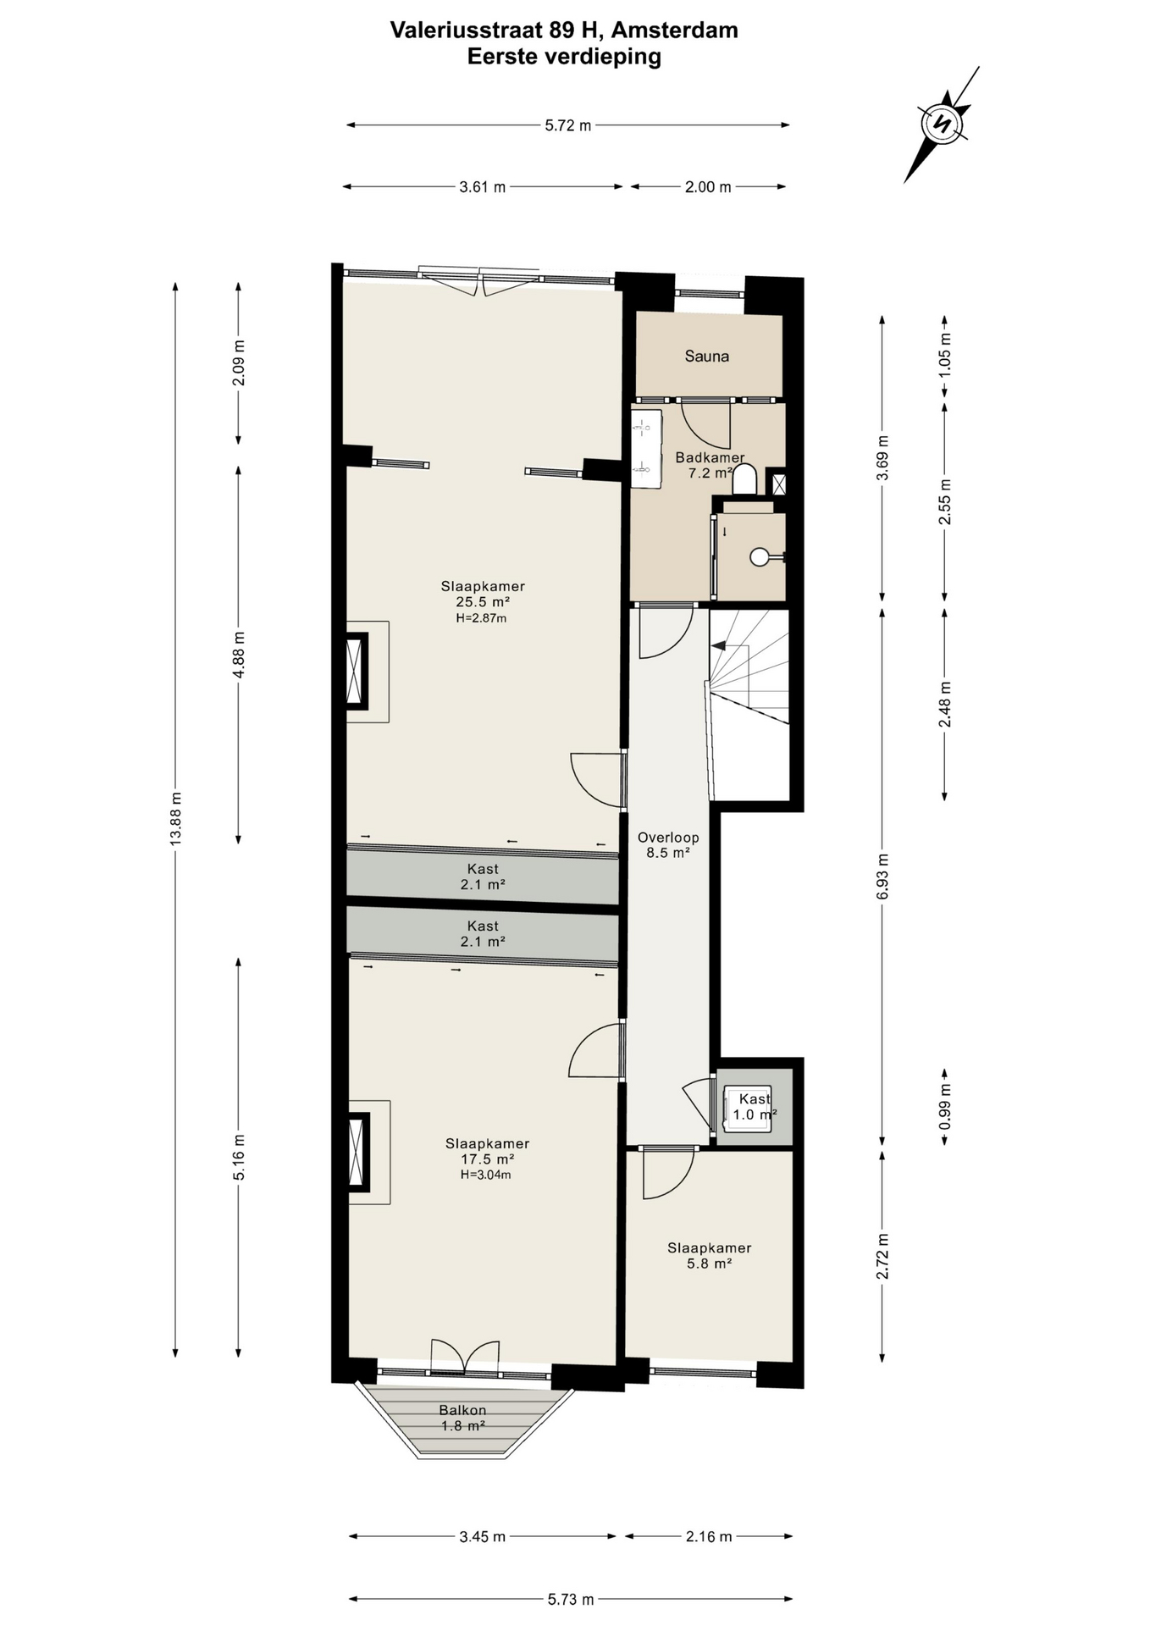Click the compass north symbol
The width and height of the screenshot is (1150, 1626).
pyautogui.click(x=941, y=124)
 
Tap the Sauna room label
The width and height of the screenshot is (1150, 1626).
pyautogui.click(x=707, y=357)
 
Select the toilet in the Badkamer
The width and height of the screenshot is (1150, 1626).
pyautogui.click(x=744, y=479)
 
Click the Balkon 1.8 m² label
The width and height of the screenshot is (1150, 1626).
pyautogui.click(x=462, y=1418)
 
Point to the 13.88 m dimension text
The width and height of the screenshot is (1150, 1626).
pyautogui.click(x=175, y=818)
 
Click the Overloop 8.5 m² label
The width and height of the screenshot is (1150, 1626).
pyautogui.click(x=668, y=845)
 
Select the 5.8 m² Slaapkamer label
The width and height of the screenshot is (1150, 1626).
pyautogui.click(x=710, y=1255)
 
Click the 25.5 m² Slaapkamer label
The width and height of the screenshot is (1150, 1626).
pyautogui.click(x=483, y=601)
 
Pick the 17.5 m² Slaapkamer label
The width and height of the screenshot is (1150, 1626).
pyautogui.click(x=487, y=1159)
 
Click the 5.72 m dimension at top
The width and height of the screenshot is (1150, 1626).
pyautogui.click(x=567, y=125)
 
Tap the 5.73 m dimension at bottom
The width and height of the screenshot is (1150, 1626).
pyautogui.click(x=570, y=1599)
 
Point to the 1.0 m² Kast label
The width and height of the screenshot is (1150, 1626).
pyautogui.click(x=755, y=1107)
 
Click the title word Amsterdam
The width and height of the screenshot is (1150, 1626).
pyautogui.click(x=674, y=30)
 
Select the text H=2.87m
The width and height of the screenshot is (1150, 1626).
pyautogui.click(x=481, y=618)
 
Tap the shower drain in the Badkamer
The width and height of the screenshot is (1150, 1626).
pyautogui.click(x=760, y=557)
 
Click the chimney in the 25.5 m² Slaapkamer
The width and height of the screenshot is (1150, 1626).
pyautogui.click(x=356, y=672)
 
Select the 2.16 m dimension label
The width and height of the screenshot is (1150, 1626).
pyautogui.click(x=708, y=1536)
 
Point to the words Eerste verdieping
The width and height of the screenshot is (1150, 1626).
pyautogui.click(x=564, y=57)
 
